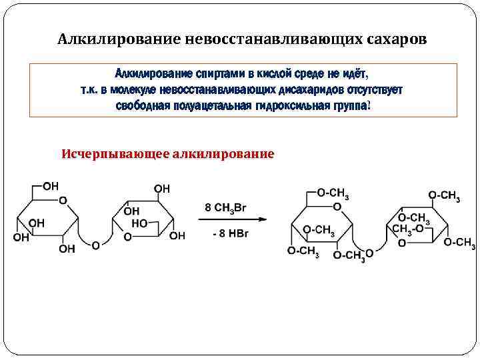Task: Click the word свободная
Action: (141, 107)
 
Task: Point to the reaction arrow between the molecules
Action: (233, 219)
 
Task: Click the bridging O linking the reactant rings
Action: (95, 245)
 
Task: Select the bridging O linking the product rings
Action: (369, 253)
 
